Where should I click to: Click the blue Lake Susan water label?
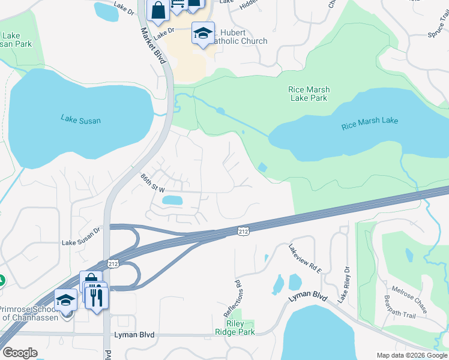coord(80,120)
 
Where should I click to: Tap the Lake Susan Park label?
coord(16,40)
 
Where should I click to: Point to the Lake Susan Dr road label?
coord(80,243)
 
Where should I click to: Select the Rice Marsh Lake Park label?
coord(310,94)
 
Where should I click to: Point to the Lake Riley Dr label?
coord(343,285)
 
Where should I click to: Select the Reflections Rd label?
coord(238,298)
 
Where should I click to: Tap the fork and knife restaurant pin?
coord(97,296)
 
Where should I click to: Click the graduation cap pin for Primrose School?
coord(65,301)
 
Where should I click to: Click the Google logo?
coord(20,353)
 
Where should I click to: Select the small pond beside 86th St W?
coord(172,200)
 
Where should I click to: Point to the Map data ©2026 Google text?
coord(411,355)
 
